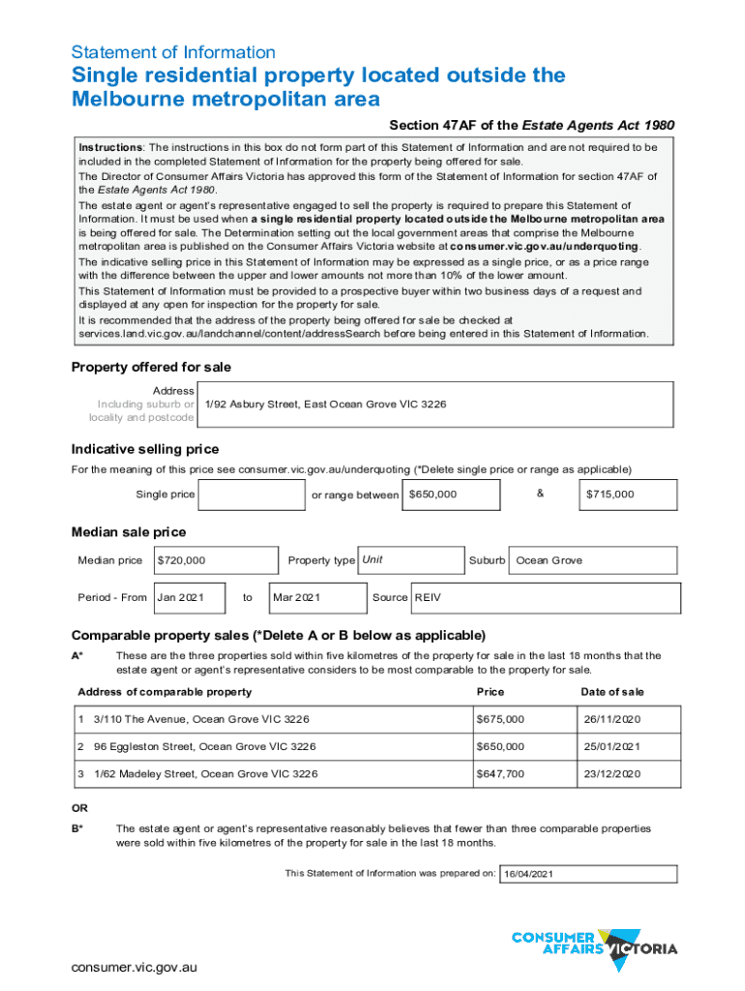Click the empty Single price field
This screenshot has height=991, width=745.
coord(252,495)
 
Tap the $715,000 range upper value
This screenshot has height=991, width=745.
coord(627,495)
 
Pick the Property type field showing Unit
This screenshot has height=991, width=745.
coord(410,560)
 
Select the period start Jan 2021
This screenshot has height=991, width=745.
coord(189,598)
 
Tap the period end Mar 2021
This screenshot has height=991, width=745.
coord(317,598)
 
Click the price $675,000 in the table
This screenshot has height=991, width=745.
coord(500,720)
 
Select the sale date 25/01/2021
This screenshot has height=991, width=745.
coord(611,747)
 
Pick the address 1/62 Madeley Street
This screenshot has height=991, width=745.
coord(205,774)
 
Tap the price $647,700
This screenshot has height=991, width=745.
coord(500,774)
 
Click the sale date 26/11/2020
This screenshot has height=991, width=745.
coord(611,720)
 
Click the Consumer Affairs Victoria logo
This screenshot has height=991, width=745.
coord(594,944)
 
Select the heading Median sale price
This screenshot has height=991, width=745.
coord(129,532)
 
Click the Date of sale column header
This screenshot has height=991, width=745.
coord(611,692)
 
